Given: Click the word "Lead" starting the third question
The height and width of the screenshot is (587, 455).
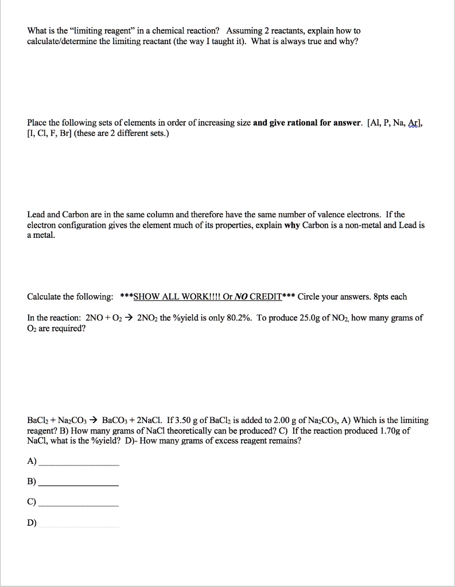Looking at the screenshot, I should point(36,214).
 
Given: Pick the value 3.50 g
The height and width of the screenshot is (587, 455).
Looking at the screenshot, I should point(187,420).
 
